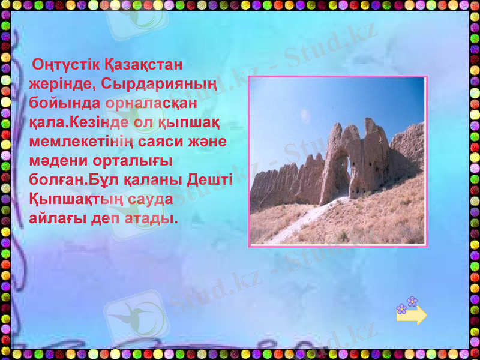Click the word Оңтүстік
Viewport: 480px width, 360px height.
65,64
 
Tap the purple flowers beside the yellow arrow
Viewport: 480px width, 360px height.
407,305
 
